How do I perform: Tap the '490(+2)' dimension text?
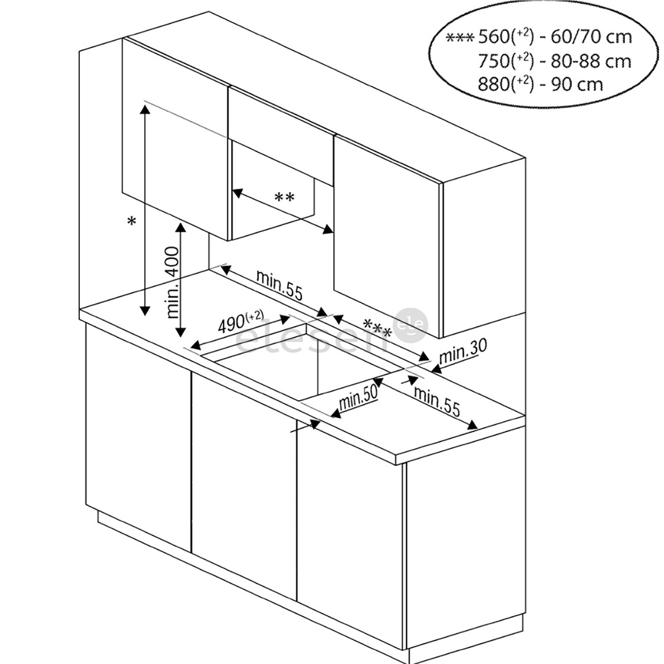point(240,323)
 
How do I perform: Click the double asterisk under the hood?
point(284,198)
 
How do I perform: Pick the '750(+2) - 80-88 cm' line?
point(555,61)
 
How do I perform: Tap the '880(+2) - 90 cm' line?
point(541,84)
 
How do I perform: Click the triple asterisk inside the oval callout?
point(460,38)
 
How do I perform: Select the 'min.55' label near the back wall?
point(280,285)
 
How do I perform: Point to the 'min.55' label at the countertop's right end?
point(437,401)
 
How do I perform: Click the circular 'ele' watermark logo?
point(411,325)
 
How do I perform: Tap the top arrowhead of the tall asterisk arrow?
point(145,108)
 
